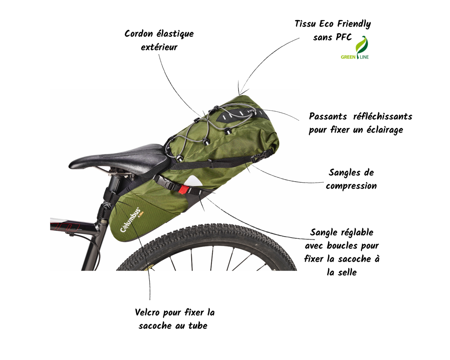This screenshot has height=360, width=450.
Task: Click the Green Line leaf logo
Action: click(361, 46)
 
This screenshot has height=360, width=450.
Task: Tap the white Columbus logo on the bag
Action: click(130, 220)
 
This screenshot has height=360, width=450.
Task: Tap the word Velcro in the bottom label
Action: click(147, 313)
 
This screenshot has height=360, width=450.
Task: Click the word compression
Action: click(351, 186)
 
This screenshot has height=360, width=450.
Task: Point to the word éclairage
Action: click(384, 130)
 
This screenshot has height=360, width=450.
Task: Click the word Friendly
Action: click(354, 24)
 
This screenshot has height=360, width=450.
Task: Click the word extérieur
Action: click(159, 47)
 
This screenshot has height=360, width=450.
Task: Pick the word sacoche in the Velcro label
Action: click(154, 326)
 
